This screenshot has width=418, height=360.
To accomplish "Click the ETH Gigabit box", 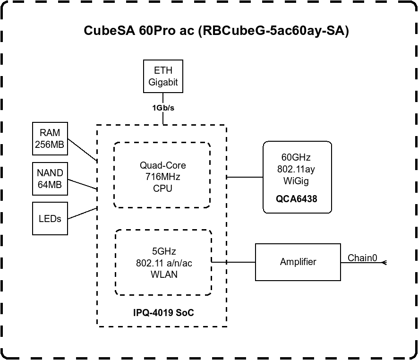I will (x=163, y=76).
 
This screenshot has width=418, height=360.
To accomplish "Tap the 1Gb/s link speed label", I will (x=163, y=108).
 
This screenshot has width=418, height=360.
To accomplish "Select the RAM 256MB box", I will (x=50, y=138).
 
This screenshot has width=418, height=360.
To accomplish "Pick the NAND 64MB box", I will (x=50, y=179).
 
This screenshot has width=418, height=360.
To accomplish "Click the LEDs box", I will (x=50, y=218).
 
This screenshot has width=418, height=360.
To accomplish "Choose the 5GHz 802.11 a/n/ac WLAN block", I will (x=163, y=262).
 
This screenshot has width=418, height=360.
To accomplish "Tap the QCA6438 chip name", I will (x=297, y=199).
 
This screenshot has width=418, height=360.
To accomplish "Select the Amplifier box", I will (x=298, y=262).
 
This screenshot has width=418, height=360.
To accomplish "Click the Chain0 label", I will (x=362, y=258).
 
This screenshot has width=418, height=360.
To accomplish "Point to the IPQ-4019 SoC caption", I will (x=163, y=313).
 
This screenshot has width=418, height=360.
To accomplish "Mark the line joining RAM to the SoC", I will (x=82, y=150).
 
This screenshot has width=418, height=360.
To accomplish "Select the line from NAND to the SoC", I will (x=82, y=185).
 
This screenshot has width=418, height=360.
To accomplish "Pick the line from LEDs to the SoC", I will (x=82, y=213).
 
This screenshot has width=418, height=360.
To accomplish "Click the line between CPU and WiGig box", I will (x=245, y=177).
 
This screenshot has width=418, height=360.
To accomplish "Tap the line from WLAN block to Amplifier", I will (x=234, y=262).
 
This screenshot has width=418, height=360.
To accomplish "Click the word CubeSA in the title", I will (x=109, y=31).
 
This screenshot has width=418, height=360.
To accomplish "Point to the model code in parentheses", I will (x=273, y=31).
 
